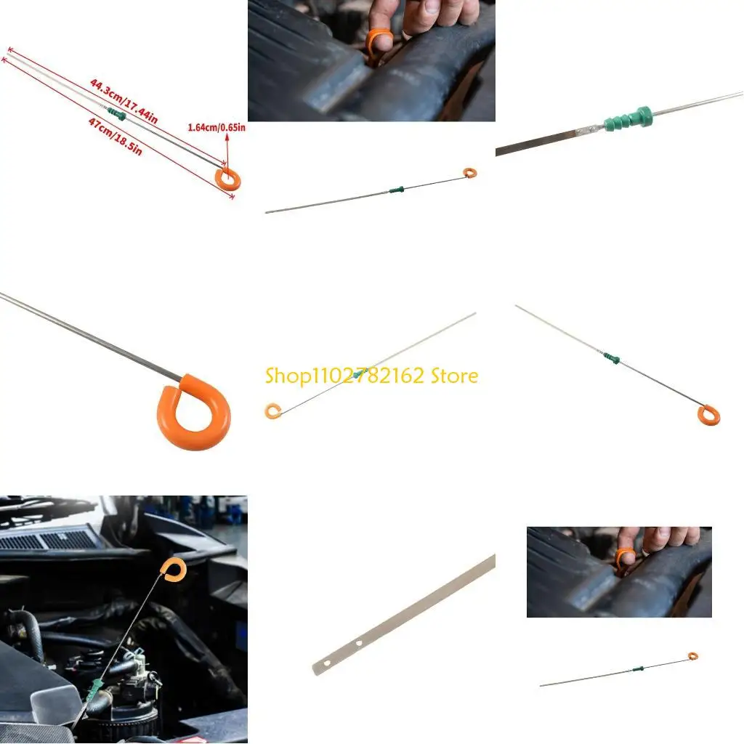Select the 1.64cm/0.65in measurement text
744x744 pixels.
[x=217, y=127]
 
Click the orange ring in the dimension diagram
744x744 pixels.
[x=229, y=178]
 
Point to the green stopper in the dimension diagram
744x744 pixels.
[x=116, y=114]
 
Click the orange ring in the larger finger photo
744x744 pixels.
[x=379, y=42]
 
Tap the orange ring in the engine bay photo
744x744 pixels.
[x=173, y=570]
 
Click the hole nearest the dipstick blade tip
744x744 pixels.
[x=325, y=663]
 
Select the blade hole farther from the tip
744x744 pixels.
[x=357, y=644]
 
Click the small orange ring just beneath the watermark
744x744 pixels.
[x=272, y=412]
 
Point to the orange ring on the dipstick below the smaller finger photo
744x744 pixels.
[x=692, y=656]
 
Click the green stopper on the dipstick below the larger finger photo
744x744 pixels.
[x=396, y=191]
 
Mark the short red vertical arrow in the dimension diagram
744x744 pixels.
[x=226, y=150]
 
